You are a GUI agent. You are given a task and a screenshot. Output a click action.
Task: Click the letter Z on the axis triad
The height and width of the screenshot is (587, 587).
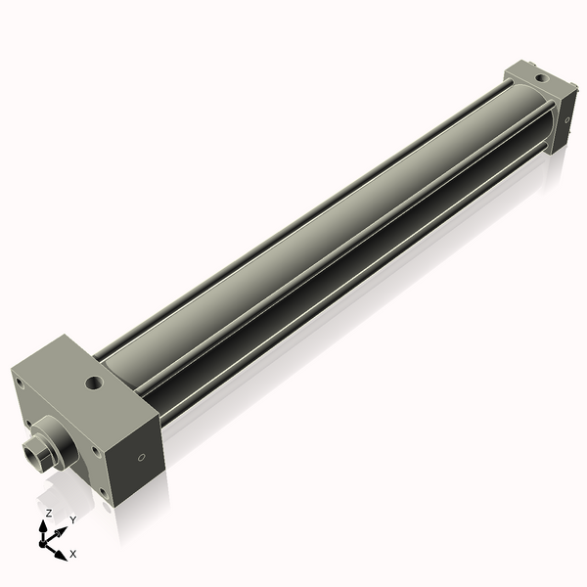coord(49,513)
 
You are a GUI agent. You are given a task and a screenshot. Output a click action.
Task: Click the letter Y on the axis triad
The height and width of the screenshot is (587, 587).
coord(72,521)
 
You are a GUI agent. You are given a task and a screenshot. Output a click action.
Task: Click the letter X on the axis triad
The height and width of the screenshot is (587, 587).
coord(73,554)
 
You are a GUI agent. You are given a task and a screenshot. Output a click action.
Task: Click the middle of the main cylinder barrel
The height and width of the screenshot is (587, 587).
coord(323,235)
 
